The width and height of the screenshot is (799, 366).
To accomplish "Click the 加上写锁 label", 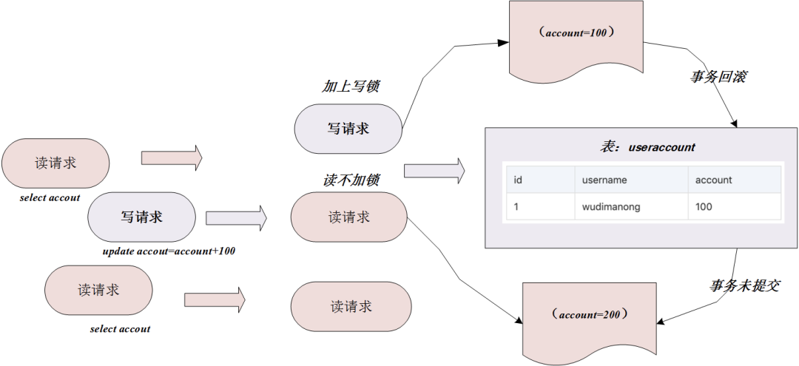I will coord(351,87).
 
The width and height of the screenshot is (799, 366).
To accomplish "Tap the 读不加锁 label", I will coord(351,180).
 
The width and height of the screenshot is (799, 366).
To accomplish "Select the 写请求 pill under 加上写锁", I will coord(348,129).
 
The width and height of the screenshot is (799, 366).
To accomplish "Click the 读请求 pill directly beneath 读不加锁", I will coord(349,217).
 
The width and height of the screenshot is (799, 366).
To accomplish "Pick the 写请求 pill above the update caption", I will coord(141,217).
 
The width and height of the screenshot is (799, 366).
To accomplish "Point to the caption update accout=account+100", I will coord(169,251).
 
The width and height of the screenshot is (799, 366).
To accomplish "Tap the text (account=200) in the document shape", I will coord(590,314).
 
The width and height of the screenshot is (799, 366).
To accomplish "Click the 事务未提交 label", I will coord(744,285).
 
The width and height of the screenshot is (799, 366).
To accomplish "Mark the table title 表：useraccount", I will coord(647,147).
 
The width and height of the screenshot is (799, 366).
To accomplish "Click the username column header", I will coord(604,180).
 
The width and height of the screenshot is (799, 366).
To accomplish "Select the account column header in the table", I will coord(713,180).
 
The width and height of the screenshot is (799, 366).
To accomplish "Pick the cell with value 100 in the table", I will coord(704,207).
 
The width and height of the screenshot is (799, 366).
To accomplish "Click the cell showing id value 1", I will coord(516,207).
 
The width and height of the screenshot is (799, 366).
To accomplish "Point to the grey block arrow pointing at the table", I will coord(434,172).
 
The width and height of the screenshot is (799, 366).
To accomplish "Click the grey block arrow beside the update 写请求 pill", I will coord(236,217).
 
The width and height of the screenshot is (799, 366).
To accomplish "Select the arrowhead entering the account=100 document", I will coord(504,44).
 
